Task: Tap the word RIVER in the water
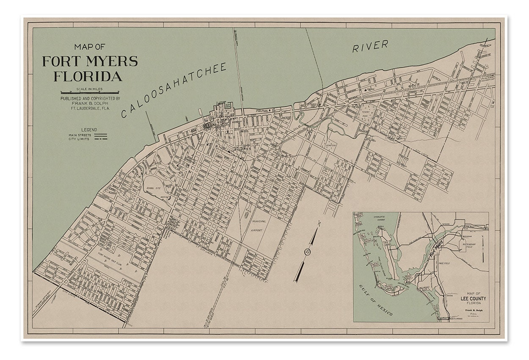click(x=370, y=46)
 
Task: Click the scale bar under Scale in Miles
click(x=90, y=92)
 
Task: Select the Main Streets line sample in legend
click(x=100, y=135)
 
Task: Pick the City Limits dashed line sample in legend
click(x=100, y=139)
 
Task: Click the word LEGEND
click(x=89, y=130)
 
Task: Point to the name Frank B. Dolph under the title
click(x=90, y=102)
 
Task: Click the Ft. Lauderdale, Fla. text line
click(x=90, y=108)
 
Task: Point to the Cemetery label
click(x=331, y=145)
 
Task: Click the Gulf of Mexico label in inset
click(x=375, y=301)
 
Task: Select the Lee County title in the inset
click(x=473, y=298)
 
